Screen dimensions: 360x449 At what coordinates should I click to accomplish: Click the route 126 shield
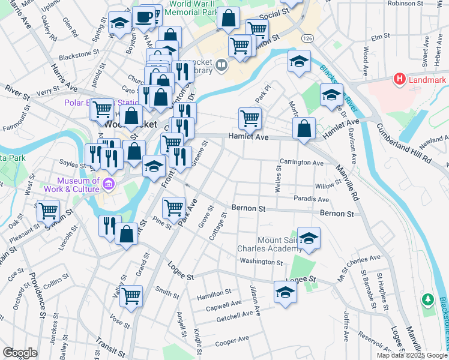tap(308, 38)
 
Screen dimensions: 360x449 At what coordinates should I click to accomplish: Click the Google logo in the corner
tap(20, 353)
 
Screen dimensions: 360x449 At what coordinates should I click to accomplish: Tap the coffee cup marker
tap(143, 17)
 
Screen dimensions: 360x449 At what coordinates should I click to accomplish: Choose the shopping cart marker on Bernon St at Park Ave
tap(173, 208)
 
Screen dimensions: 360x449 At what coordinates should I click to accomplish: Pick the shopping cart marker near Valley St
tap(131, 295)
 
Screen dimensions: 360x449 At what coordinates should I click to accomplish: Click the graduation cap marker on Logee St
tap(285, 292)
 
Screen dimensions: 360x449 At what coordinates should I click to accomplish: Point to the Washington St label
tap(261, 262)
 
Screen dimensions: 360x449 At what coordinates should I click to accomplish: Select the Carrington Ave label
tap(301, 163)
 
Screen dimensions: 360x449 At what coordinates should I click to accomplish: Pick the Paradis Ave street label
tap(312, 199)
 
